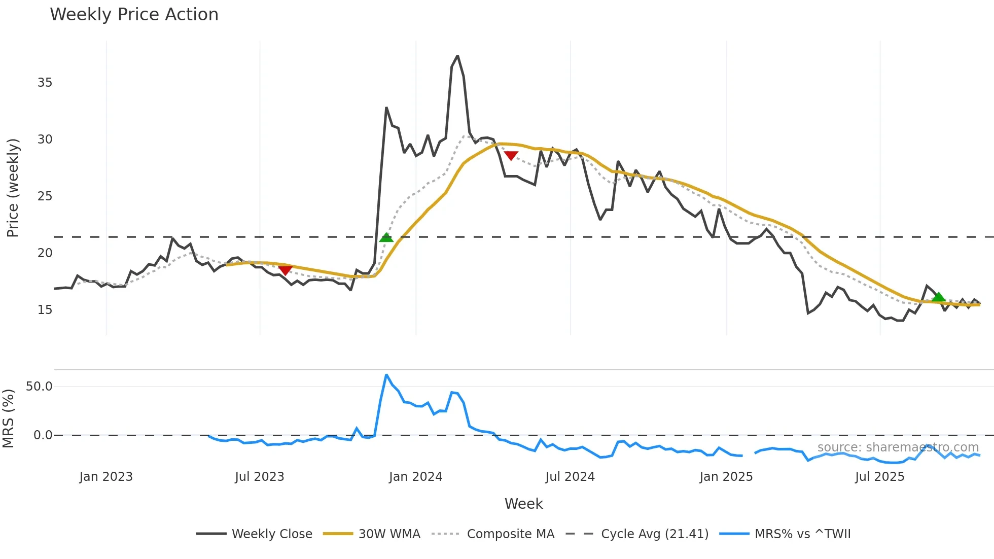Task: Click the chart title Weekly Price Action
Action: coord(134,15)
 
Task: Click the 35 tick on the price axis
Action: coord(45,83)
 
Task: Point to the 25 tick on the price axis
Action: coord(45,196)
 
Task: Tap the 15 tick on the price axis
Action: coord(45,310)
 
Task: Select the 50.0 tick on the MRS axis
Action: coord(39,387)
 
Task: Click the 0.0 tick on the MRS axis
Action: coord(43,435)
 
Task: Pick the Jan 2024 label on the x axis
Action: coord(415,477)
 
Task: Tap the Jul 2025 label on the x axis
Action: coord(879,477)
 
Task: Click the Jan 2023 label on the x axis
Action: coord(106,477)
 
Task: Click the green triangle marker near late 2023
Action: coord(386,237)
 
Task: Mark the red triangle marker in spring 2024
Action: coord(511,155)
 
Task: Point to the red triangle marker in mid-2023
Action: coord(286,270)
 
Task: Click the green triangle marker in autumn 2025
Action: coord(939,297)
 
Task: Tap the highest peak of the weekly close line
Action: coord(457,56)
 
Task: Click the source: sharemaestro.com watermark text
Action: coord(898,447)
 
